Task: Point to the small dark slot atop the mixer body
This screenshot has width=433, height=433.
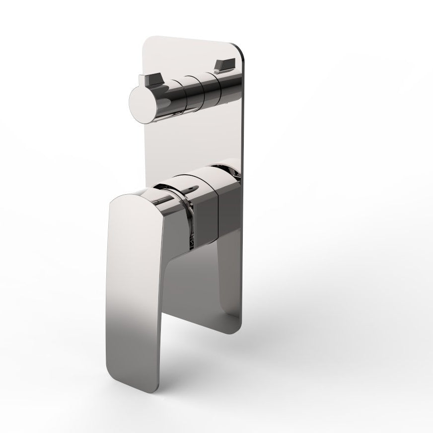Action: click(x=191, y=190)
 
